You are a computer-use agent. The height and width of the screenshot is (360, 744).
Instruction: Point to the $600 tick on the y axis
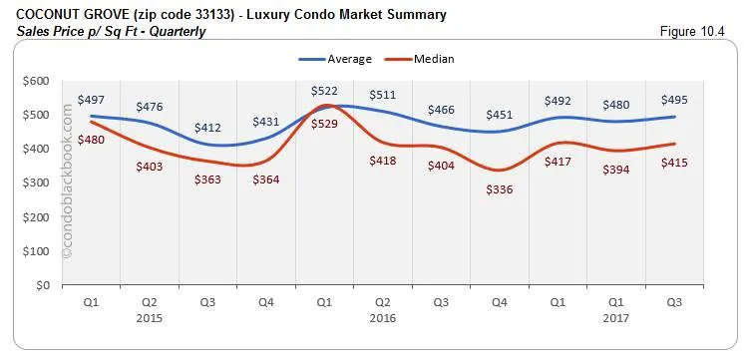[x=37, y=81]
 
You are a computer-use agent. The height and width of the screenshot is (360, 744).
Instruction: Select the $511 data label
[x=383, y=96]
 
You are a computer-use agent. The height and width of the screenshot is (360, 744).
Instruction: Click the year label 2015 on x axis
[x=149, y=318]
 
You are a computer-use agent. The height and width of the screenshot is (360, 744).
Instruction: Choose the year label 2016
[x=383, y=318]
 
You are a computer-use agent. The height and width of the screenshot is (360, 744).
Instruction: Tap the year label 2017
[x=615, y=318]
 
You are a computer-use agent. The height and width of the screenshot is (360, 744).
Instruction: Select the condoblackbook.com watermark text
[x=69, y=184]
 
